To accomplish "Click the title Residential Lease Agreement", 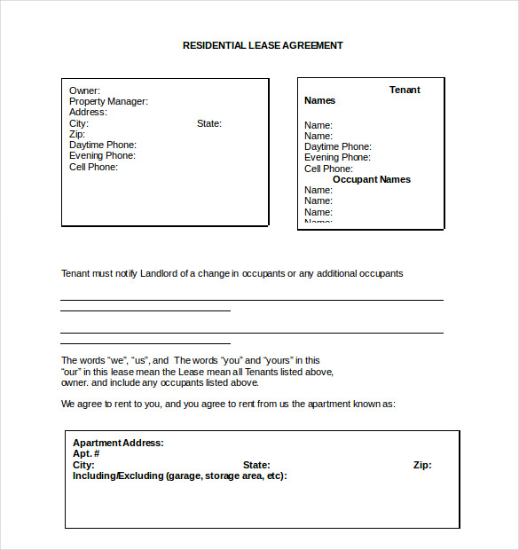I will pos(263,45).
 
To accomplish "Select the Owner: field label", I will pos(84,90).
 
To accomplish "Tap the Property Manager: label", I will pos(108,101).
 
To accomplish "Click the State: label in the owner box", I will pos(209,123).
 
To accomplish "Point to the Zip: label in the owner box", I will pos(77,134).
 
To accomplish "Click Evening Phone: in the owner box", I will pos(102,156).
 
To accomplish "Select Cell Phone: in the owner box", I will pos(93,167).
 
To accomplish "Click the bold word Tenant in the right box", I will pos(405,90).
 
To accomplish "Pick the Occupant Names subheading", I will pos(372,179).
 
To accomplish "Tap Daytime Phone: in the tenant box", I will pos(338,146).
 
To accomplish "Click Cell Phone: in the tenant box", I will pos(328,169).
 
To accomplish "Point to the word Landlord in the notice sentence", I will pos(159,273).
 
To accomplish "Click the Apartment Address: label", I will pos(118,443).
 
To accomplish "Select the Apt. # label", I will pos(86,453).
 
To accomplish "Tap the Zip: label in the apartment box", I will pos(422,465).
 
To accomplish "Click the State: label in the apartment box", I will pos(256,465).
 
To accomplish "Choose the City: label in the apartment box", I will pos(83,465).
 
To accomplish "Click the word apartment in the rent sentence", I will pos(314,404).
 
